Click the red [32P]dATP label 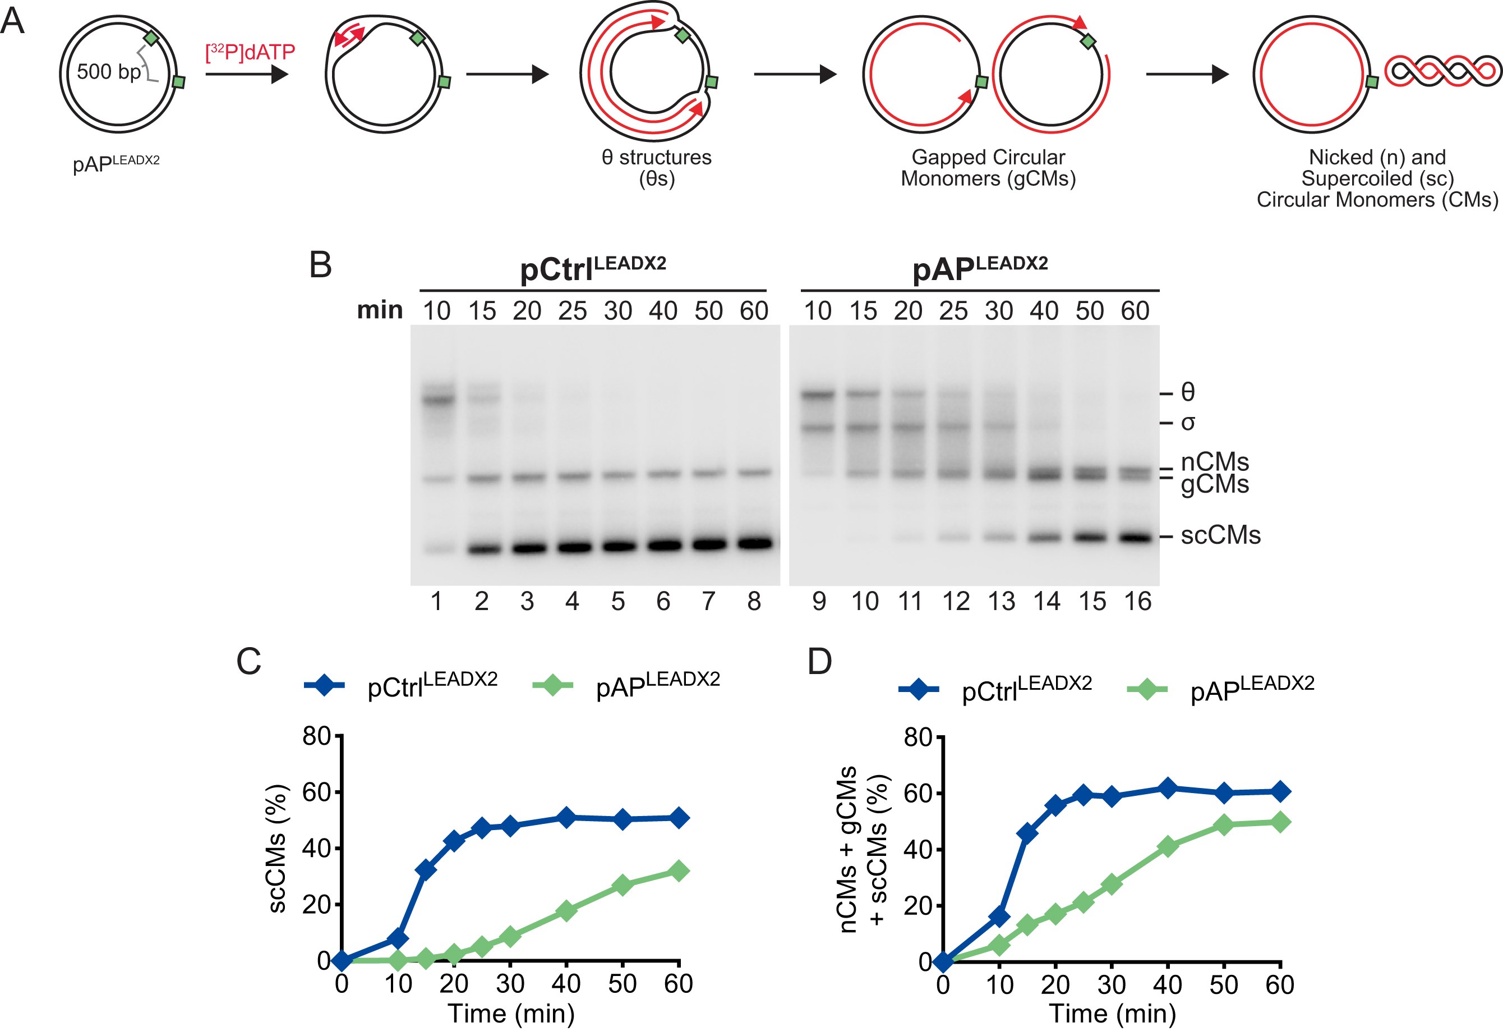250,52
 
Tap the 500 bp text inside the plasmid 108,71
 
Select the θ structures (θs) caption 656,167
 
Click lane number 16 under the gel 1137,602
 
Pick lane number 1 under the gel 436,602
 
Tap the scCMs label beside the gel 1220,536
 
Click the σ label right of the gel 1187,423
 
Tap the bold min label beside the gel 380,310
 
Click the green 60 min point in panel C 679,870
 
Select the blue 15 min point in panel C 426,870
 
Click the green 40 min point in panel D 1167,846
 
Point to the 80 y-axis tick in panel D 917,737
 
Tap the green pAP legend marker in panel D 1147,689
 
